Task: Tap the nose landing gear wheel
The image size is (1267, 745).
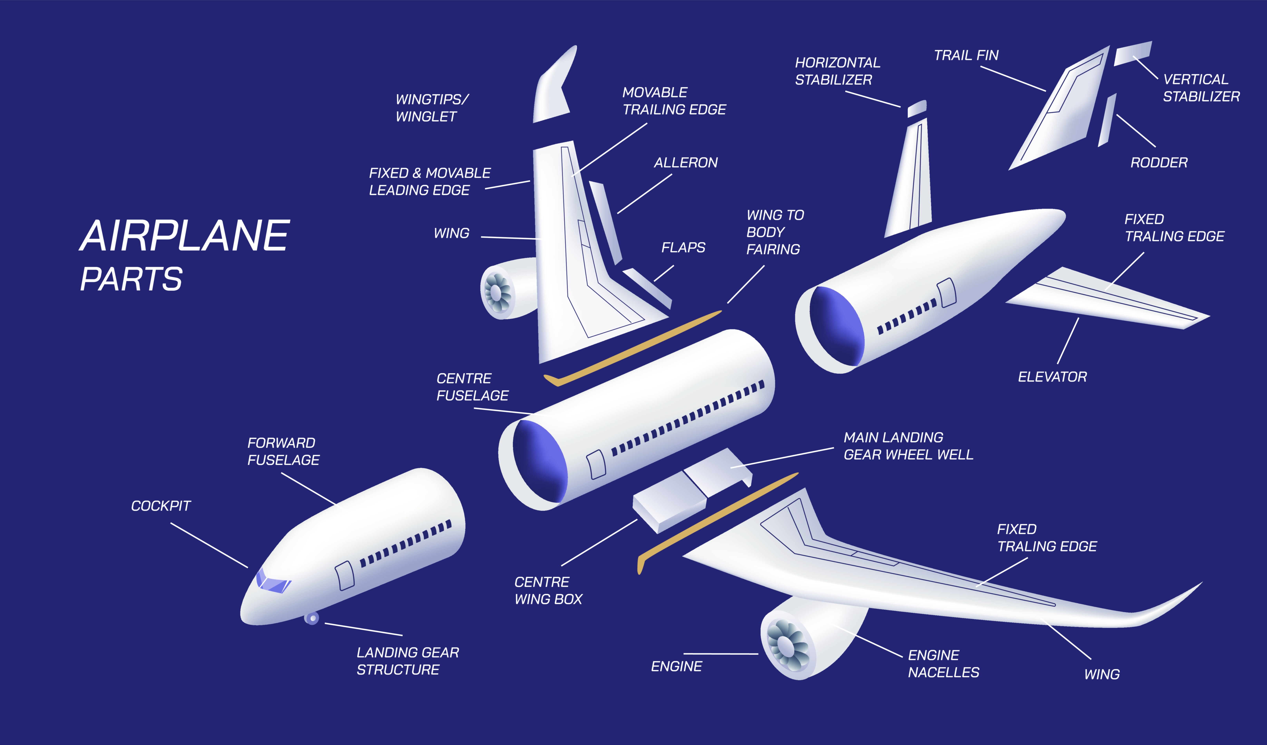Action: (312, 618)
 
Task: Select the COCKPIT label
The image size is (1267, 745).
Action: (161, 506)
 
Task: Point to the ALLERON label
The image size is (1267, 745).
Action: (686, 163)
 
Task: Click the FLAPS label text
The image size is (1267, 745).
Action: (683, 248)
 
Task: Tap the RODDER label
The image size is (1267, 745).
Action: (1159, 163)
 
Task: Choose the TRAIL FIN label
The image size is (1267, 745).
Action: (966, 55)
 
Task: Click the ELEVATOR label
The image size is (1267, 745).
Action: (1052, 377)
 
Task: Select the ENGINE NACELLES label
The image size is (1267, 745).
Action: (944, 664)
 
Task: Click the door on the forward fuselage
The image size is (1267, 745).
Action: (344, 576)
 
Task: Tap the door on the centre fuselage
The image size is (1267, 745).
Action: (596, 465)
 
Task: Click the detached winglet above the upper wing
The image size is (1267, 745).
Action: (554, 84)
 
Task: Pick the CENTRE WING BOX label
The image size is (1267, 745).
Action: (548, 591)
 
